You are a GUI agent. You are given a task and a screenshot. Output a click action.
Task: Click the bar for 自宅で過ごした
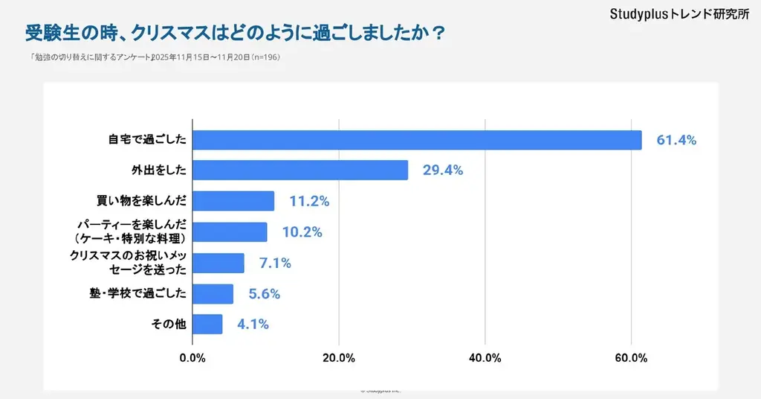pyautogui.click(x=417, y=140)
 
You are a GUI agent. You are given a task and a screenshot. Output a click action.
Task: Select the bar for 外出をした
pyautogui.click(x=300, y=170)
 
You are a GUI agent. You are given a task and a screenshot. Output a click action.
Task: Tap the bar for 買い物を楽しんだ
pyautogui.click(x=233, y=201)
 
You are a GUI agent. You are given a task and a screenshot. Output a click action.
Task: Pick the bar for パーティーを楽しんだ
pyautogui.click(x=230, y=232)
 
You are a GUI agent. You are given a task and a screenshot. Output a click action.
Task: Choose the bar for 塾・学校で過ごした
pyautogui.click(x=213, y=294)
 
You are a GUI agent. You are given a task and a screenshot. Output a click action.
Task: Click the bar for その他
pyautogui.click(x=207, y=325)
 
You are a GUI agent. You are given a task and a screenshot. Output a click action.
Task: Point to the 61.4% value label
pyautogui.click(x=676, y=140)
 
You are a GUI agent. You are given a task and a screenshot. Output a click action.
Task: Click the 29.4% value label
pyautogui.click(x=443, y=170)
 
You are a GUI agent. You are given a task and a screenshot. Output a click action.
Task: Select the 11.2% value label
pyautogui.click(x=309, y=202)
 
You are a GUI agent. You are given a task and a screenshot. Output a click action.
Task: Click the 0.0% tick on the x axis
pyautogui.click(x=192, y=358)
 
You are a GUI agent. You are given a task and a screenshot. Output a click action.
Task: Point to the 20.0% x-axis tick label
pyautogui.click(x=339, y=358)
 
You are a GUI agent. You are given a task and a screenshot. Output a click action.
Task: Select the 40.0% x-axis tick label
pyautogui.click(x=485, y=358)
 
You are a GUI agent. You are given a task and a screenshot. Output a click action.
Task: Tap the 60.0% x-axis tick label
pyautogui.click(x=631, y=358)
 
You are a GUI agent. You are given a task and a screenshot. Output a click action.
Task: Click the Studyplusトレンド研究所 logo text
pyautogui.click(x=679, y=14)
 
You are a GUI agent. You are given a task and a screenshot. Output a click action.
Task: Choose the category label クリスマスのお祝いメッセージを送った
pyautogui.click(x=127, y=263)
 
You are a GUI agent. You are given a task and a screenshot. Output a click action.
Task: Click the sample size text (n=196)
pyautogui.click(x=265, y=57)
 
